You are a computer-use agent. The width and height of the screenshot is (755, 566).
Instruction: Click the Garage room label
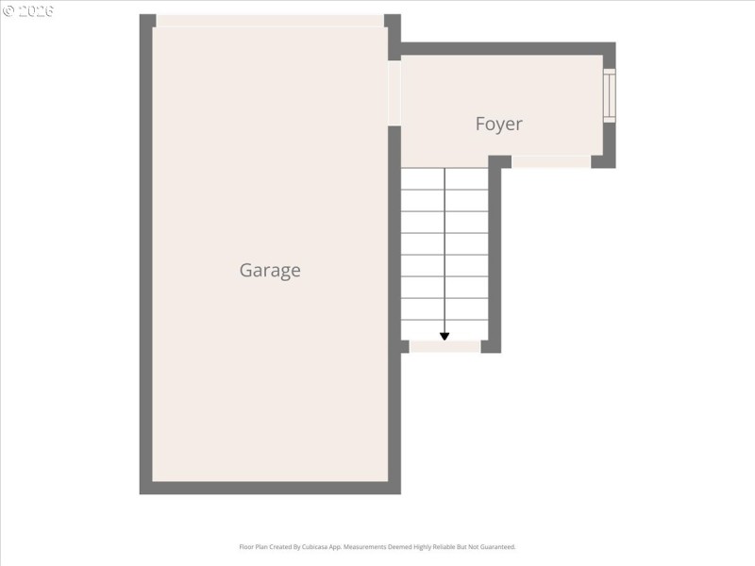(x=270, y=270)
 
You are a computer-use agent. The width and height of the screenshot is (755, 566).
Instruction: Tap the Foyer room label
(x=498, y=124)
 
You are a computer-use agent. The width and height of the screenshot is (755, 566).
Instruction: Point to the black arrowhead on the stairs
(x=445, y=335)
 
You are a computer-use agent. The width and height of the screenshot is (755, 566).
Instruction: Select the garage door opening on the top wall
(x=270, y=21)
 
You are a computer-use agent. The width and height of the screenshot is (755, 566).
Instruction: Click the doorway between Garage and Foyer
(x=394, y=92)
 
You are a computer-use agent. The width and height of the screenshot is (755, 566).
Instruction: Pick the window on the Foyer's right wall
(x=609, y=94)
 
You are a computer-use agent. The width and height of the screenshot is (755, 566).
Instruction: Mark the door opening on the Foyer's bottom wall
(x=551, y=161)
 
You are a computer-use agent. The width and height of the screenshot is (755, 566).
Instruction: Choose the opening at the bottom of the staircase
(x=445, y=346)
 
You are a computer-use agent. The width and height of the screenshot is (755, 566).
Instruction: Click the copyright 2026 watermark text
(x=28, y=10)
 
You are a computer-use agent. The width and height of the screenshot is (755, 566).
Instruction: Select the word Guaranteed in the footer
(x=497, y=547)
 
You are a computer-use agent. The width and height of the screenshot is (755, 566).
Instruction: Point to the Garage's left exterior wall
(x=146, y=255)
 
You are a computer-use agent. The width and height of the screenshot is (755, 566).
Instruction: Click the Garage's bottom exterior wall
(x=270, y=488)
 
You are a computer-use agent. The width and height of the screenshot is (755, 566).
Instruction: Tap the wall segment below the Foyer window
(x=610, y=143)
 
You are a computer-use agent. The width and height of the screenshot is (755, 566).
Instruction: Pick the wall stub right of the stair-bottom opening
(x=491, y=346)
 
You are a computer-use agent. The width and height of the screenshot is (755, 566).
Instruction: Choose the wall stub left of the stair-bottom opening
(x=404, y=346)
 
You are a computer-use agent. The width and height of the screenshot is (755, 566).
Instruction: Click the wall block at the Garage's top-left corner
(x=147, y=21)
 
